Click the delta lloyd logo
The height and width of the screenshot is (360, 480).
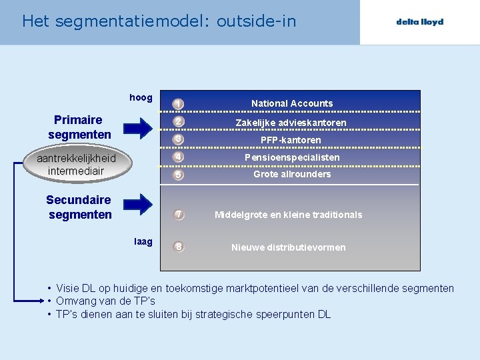(x=419, y=22)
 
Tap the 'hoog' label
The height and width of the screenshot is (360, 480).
(x=141, y=98)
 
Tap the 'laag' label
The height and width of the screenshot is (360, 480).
(x=143, y=241)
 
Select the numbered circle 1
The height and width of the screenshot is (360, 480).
(x=178, y=104)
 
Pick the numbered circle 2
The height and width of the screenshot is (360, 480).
(x=178, y=122)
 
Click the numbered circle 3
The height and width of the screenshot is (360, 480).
(x=178, y=139)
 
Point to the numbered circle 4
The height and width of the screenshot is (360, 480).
(x=178, y=157)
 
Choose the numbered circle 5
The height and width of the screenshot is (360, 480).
(x=178, y=175)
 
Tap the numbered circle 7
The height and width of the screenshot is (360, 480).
(x=178, y=215)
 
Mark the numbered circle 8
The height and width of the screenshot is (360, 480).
(x=178, y=247)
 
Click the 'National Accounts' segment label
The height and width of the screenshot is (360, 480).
(x=291, y=103)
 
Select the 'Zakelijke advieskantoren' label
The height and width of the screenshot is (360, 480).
(x=291, y=123)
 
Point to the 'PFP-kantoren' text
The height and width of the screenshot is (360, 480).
(x=291, y=140)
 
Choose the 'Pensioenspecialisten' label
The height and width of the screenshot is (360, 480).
(x=292, y=157)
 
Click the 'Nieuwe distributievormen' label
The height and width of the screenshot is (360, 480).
(x=288, y=247)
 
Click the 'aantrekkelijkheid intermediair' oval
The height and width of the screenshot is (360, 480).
(x=76, y=164)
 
